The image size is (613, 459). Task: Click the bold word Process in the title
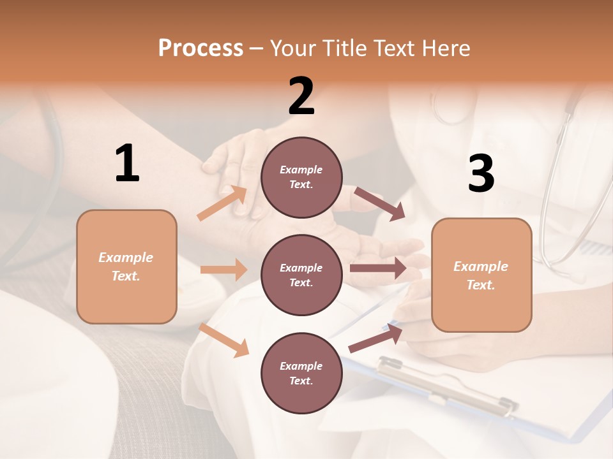pos(201,48)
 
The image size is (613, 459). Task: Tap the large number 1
pos(127,163)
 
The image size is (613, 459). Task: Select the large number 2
pos(301,96)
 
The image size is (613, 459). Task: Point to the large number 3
pos(481,173)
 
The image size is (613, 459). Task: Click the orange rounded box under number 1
pos(126,266)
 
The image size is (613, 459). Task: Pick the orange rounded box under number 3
pos(481,275)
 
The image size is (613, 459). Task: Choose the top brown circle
pos(301,177)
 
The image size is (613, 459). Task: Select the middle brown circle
pos(301,275)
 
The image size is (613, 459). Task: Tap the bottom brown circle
pos(301,373)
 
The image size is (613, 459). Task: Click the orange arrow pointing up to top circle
pos(222,203)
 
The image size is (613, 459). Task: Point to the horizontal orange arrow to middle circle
pos(223,270)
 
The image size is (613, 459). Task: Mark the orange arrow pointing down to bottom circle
pos(224,340)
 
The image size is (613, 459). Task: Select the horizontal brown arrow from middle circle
pos(378,268)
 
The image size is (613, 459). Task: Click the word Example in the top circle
pos(301,170)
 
